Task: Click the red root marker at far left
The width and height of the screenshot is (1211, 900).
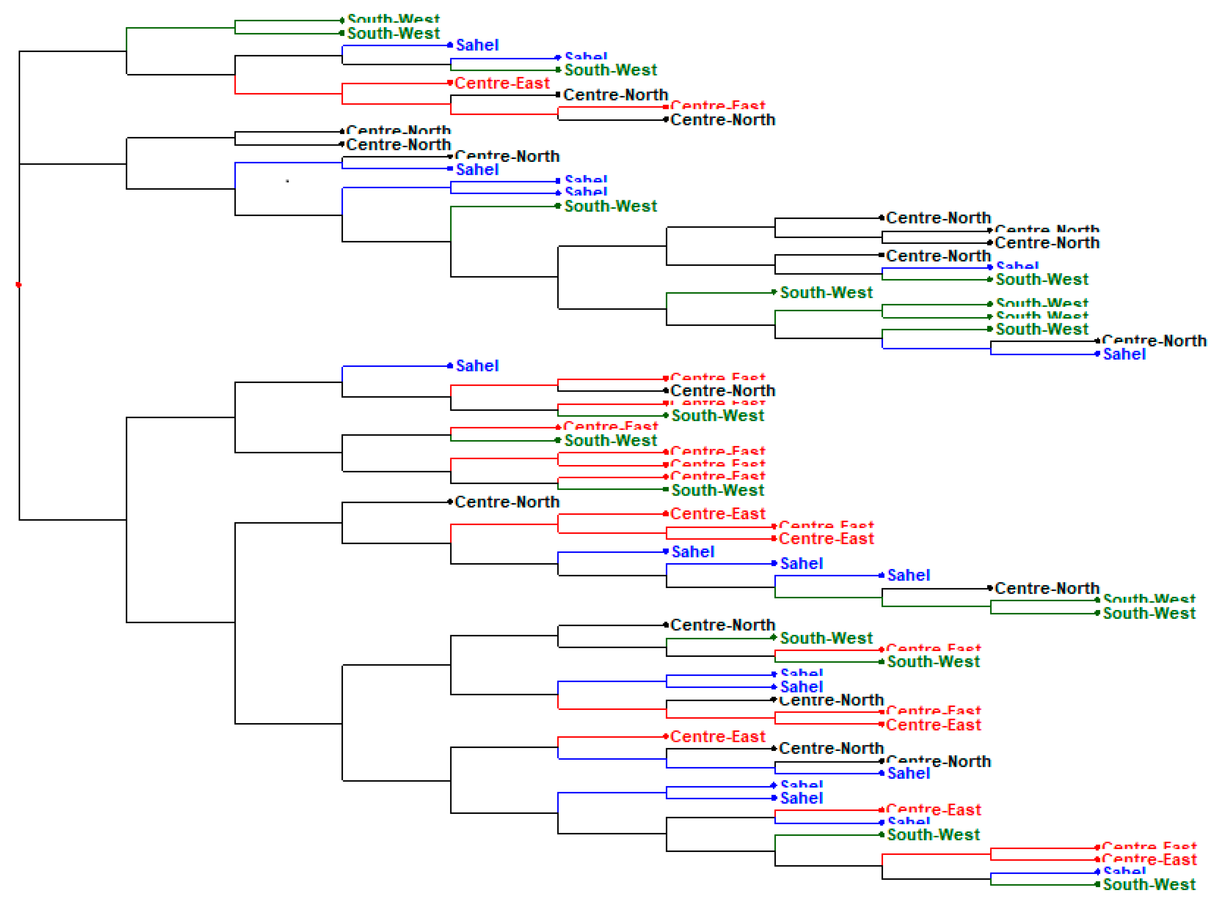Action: click(x=18, y=284)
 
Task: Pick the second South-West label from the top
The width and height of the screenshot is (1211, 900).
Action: click(x=393, y=33)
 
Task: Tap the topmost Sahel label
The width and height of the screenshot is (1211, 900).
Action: click(x=477, y=45)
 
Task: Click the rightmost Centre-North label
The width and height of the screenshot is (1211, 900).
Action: click(x=1153, y=341)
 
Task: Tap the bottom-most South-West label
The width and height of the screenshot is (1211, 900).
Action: click(x=1149, y=884)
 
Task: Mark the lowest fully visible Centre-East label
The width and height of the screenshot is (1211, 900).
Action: click(x=1149, y=860)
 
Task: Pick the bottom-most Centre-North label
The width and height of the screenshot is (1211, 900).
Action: click(x=938, y=762)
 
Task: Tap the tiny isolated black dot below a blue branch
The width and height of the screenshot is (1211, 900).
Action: click(x=287, y=181)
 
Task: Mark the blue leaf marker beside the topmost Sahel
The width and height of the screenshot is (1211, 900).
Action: click(x=450, y=45)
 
